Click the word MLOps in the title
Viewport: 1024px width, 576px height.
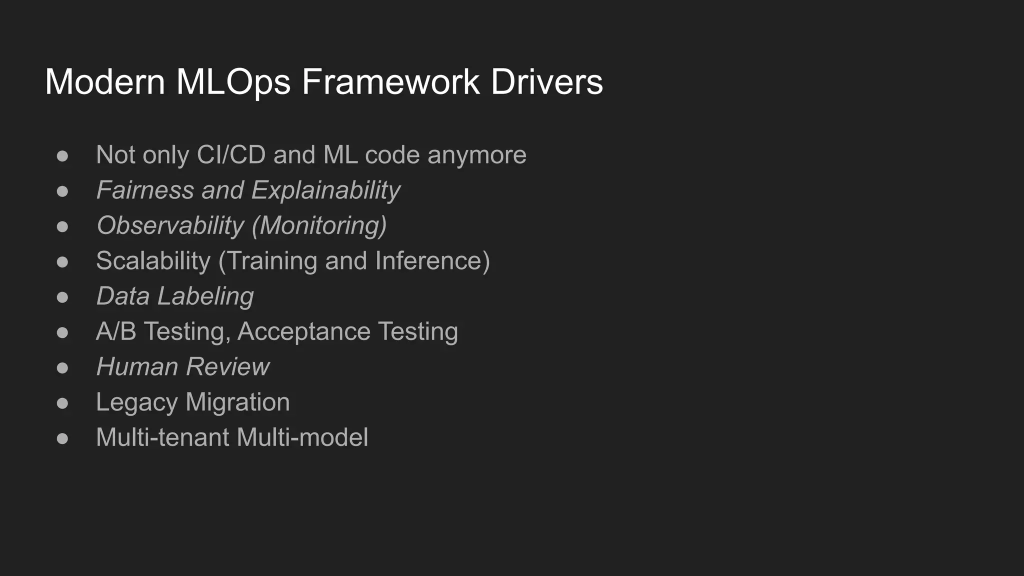(233, 81)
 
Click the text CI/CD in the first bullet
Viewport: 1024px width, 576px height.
(231, 154)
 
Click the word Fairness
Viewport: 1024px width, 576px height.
(145, 190)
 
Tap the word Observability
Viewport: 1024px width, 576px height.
(170, 225)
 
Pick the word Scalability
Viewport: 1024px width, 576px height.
(153, 261)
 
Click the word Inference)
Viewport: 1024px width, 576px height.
(432, 261)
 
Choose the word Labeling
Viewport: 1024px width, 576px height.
(205, 296)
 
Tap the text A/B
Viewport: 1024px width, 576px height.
(116, 331)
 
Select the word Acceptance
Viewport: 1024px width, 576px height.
(304, 331)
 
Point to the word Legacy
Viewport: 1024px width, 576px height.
(136, 402)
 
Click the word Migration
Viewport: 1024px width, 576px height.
(237, 402)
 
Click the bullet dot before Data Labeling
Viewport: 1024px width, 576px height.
(62, 297)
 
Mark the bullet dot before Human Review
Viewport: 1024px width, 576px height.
(62, 368)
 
